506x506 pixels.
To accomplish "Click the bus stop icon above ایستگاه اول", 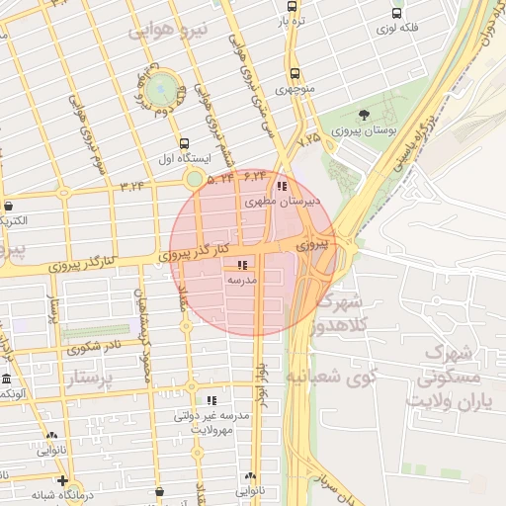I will tap(185, 143).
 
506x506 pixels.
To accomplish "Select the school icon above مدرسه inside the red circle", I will tap(242, 265).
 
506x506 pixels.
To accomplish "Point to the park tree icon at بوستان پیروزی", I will tap(365, 115).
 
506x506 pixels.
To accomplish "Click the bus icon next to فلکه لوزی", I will tap(396, 14).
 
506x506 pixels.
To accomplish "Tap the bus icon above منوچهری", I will tap(295, 73).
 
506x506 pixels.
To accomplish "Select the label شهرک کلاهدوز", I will tap(342, 313).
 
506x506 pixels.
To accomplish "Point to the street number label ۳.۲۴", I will tap(132, 185).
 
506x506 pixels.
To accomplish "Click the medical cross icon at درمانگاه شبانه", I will tap(62, 480).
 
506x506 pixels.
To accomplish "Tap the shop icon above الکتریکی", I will tap(9, 207).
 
